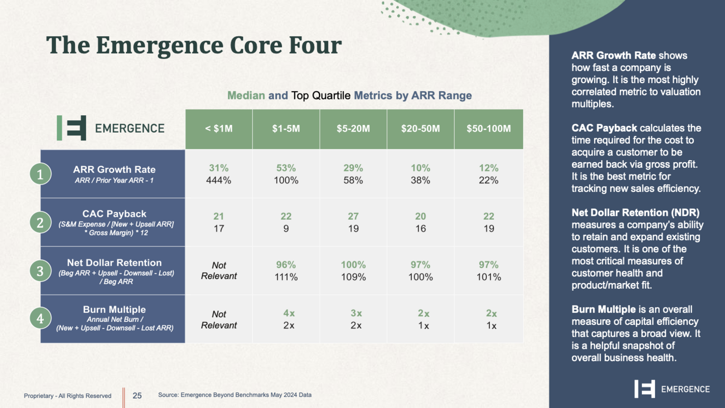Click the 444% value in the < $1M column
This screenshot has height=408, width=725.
click(x=219, y=180)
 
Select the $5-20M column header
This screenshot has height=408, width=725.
click(x=353, y=129)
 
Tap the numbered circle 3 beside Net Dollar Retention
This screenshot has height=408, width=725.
click(x=40, y=271)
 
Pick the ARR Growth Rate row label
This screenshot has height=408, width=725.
click(x=114, y=169)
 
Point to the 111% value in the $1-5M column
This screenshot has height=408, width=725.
click(x=286, y=277)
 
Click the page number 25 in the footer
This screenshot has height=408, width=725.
click(x=137, y=395)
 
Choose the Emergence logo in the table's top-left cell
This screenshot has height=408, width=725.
click(x=111, y=128)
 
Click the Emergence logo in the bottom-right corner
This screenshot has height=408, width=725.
click(x=671, y=389)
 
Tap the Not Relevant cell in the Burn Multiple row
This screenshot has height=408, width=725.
click(x=219, y=320)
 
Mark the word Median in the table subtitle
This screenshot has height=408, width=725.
click(x=246, y=95)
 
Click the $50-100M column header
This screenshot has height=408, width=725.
click(x=488, y=129)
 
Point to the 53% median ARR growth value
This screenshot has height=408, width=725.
click(x=286, y=168)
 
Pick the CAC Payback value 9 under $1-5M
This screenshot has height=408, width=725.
click(x=286, y=228)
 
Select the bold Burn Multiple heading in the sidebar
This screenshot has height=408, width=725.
click(x=604, y=310)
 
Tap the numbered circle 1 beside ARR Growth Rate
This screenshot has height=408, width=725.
click(x=40, y=175)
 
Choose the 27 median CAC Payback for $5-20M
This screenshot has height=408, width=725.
click(x=353, y=216)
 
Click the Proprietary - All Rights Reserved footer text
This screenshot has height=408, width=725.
click(x=67, y=396)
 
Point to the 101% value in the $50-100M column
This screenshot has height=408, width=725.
click(x=488, y=277)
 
